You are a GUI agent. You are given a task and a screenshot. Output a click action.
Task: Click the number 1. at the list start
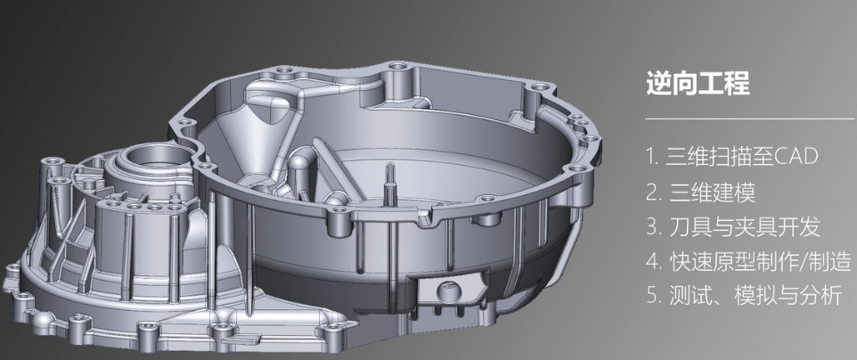coord(652,157)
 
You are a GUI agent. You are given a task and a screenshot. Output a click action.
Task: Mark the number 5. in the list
coord(654,296)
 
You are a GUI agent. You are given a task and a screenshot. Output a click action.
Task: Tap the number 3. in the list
coord(654,226)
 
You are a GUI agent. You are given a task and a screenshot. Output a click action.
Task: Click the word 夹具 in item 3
coord(756,226)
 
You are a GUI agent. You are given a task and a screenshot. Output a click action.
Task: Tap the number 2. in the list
coord(654,192)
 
